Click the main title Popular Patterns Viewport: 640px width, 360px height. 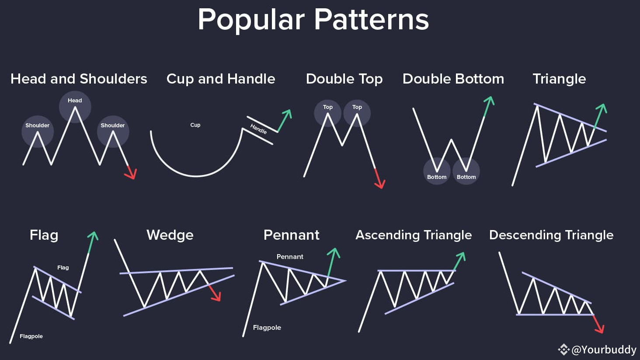[x=313, y=20]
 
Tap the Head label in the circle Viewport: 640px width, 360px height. [x=75, y=101]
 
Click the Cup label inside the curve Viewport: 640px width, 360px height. [x=195, y=125]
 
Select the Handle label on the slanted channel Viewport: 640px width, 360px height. [x=259, y=129]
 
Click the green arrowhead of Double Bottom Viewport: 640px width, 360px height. [x=490, y=101]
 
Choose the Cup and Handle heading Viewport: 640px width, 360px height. [x=221, y=79]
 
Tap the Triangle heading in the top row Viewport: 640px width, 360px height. [x=559, y=79]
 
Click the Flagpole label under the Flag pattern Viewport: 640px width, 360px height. [x=31, y=336]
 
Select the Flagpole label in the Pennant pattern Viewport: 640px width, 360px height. [x=267, y=328]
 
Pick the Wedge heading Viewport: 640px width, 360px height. [x=170, y=235]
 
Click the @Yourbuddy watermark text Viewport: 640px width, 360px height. [x=604, y=350]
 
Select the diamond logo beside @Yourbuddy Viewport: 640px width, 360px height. [x=563, y=350]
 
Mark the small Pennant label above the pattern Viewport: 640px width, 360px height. [x=290, y=257]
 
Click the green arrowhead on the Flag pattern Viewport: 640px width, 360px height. [x=93, y=237]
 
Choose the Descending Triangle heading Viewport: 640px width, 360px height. [x=551, y=235]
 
